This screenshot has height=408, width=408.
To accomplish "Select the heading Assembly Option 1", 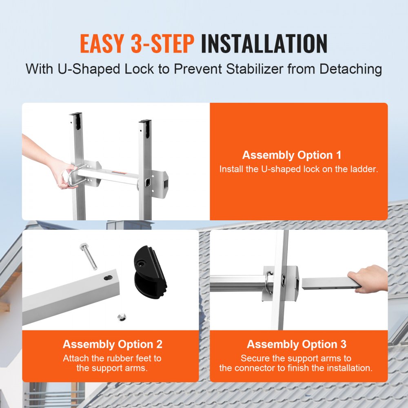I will pos(292,155).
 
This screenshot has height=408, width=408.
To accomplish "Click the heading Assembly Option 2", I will pos(113,344).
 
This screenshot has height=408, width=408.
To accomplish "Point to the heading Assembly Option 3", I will pos(297,344).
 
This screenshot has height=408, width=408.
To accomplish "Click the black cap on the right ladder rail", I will pos(145,124).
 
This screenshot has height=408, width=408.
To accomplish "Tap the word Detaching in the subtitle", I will pos(351,69).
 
